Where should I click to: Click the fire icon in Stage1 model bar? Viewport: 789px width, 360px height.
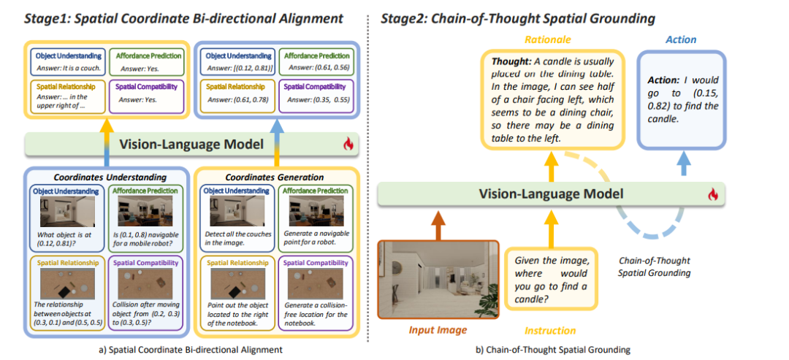pyautogui.click(x=349, y=144)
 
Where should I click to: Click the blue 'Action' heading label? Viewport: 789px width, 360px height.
pyautogui.click(x=682, y=39)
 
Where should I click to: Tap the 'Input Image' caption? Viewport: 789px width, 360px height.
pyautogui.click(x=438, y=330)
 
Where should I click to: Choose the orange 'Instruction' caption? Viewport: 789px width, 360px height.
pyautogui.click(x=550, y=330)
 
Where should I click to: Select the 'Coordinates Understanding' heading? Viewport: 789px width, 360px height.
pyautogui.click(x=109, y=177)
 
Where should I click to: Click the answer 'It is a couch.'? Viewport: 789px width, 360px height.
pyautogui.click(x=69, y=69)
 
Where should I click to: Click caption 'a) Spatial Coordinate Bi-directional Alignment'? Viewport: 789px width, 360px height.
pyautogui.click(x=191, y=350)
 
